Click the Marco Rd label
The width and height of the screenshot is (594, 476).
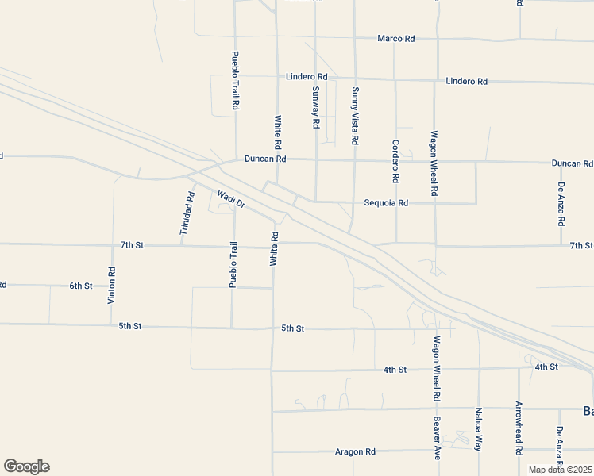click(x=396, y=38)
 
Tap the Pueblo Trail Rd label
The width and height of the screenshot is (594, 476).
click(x=235, y=80)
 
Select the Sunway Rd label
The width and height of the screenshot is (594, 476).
click(x=315, y=108)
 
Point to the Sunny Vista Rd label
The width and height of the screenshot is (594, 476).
click(x=355, y=115)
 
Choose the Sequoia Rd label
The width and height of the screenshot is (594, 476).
click(x=386, y=203)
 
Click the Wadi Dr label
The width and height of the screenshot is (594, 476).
click(x=231, y=198)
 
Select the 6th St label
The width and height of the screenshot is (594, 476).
click(x=81, y=286)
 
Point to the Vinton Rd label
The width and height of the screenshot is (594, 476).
click(x=112, y=286)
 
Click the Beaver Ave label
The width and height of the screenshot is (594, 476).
click(x=437, y=439)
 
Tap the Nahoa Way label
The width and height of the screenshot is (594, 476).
click(x=479, y=429)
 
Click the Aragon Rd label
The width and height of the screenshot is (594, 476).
click(x=355, y=451)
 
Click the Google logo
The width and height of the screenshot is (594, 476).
click(x=26, y=466)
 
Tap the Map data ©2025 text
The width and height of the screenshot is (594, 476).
click(x=560, y=470)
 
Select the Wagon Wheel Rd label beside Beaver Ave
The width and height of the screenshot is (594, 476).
click(x=437, y=368)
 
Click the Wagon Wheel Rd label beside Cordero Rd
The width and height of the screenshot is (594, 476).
click(x=434, y=163)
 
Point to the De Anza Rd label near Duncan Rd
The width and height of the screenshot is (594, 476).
click(x=561, y=203)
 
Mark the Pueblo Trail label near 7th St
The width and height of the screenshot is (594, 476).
click(x=234, y=264)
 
